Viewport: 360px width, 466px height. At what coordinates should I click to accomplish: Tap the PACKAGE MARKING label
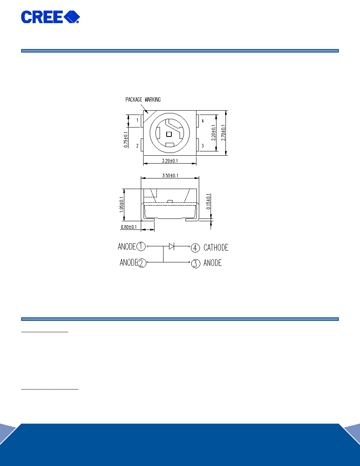click(143, 100)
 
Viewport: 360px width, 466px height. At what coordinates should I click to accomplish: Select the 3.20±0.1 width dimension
click(170, 161)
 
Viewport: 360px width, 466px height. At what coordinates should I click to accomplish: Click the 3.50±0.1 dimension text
click(170, 176)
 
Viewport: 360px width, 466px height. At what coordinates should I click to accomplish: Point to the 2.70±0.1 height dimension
click(224, 133)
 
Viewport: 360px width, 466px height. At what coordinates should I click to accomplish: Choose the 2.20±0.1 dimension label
click(214, 133)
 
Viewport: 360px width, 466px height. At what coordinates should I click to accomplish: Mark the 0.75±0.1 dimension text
click(126, 139)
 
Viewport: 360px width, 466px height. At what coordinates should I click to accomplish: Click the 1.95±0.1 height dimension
click(122, 204)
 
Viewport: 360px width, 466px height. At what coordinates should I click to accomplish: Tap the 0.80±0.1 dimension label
click(129, 227)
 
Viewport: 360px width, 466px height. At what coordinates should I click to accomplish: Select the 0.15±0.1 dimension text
click(209, 202)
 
